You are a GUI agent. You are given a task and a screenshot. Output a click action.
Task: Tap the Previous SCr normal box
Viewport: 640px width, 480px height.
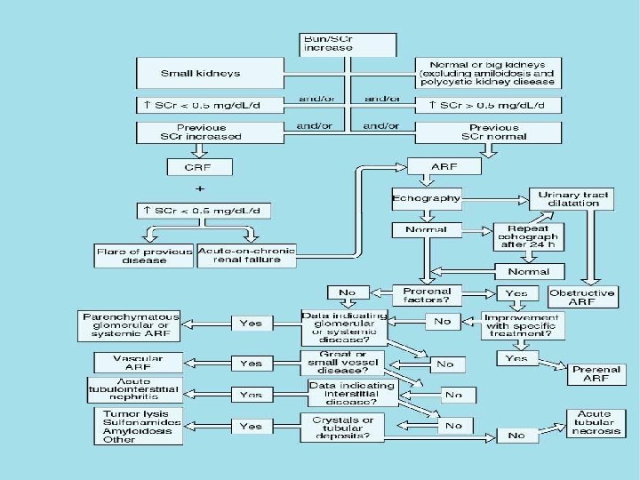(490, 132)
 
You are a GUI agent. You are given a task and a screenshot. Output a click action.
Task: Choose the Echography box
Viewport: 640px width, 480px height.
(426, 197)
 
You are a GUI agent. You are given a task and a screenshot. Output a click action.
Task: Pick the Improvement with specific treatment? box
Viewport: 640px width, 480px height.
(523, 325)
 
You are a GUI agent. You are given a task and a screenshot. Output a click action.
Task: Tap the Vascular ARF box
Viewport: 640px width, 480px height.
(132, 362)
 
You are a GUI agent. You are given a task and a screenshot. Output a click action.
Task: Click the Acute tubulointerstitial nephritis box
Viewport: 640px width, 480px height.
(133, 390)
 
